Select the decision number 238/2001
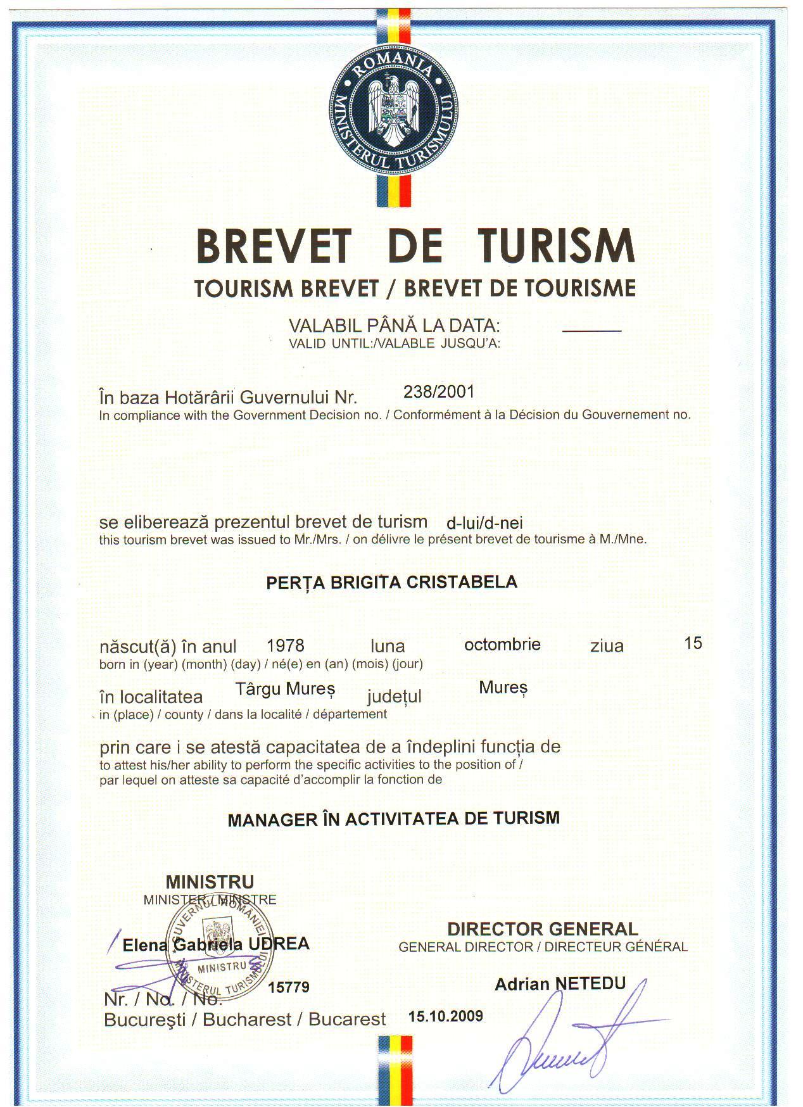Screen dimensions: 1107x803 pos(439,391)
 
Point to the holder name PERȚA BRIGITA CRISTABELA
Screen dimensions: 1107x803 pos(391,582)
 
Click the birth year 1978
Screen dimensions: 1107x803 pos(286,645)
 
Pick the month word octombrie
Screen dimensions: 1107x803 pos(502,645)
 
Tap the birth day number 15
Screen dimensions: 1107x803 pos(693,643)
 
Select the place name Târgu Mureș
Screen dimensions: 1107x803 pos(285,689)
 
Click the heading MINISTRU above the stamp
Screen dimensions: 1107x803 pos(210,882)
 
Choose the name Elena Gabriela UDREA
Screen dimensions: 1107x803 pos(216,944)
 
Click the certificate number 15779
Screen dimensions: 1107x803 pos(289,987)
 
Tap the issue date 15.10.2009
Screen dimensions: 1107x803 pos(446,1016)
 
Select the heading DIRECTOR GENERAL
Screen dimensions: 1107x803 pos(542,929)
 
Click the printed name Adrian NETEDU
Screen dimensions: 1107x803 pos(560,984)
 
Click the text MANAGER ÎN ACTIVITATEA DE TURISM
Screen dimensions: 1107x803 pos(393,818)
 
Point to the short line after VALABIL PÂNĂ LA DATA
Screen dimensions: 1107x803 pos(592,331)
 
